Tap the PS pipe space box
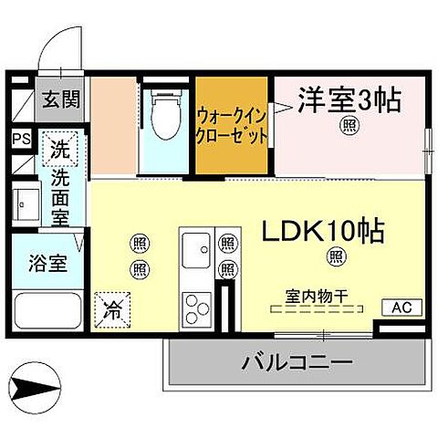tap(21, 139)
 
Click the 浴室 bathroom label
tap(35, 265)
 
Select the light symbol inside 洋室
tap(349, 125)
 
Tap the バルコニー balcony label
tap(297, 364)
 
